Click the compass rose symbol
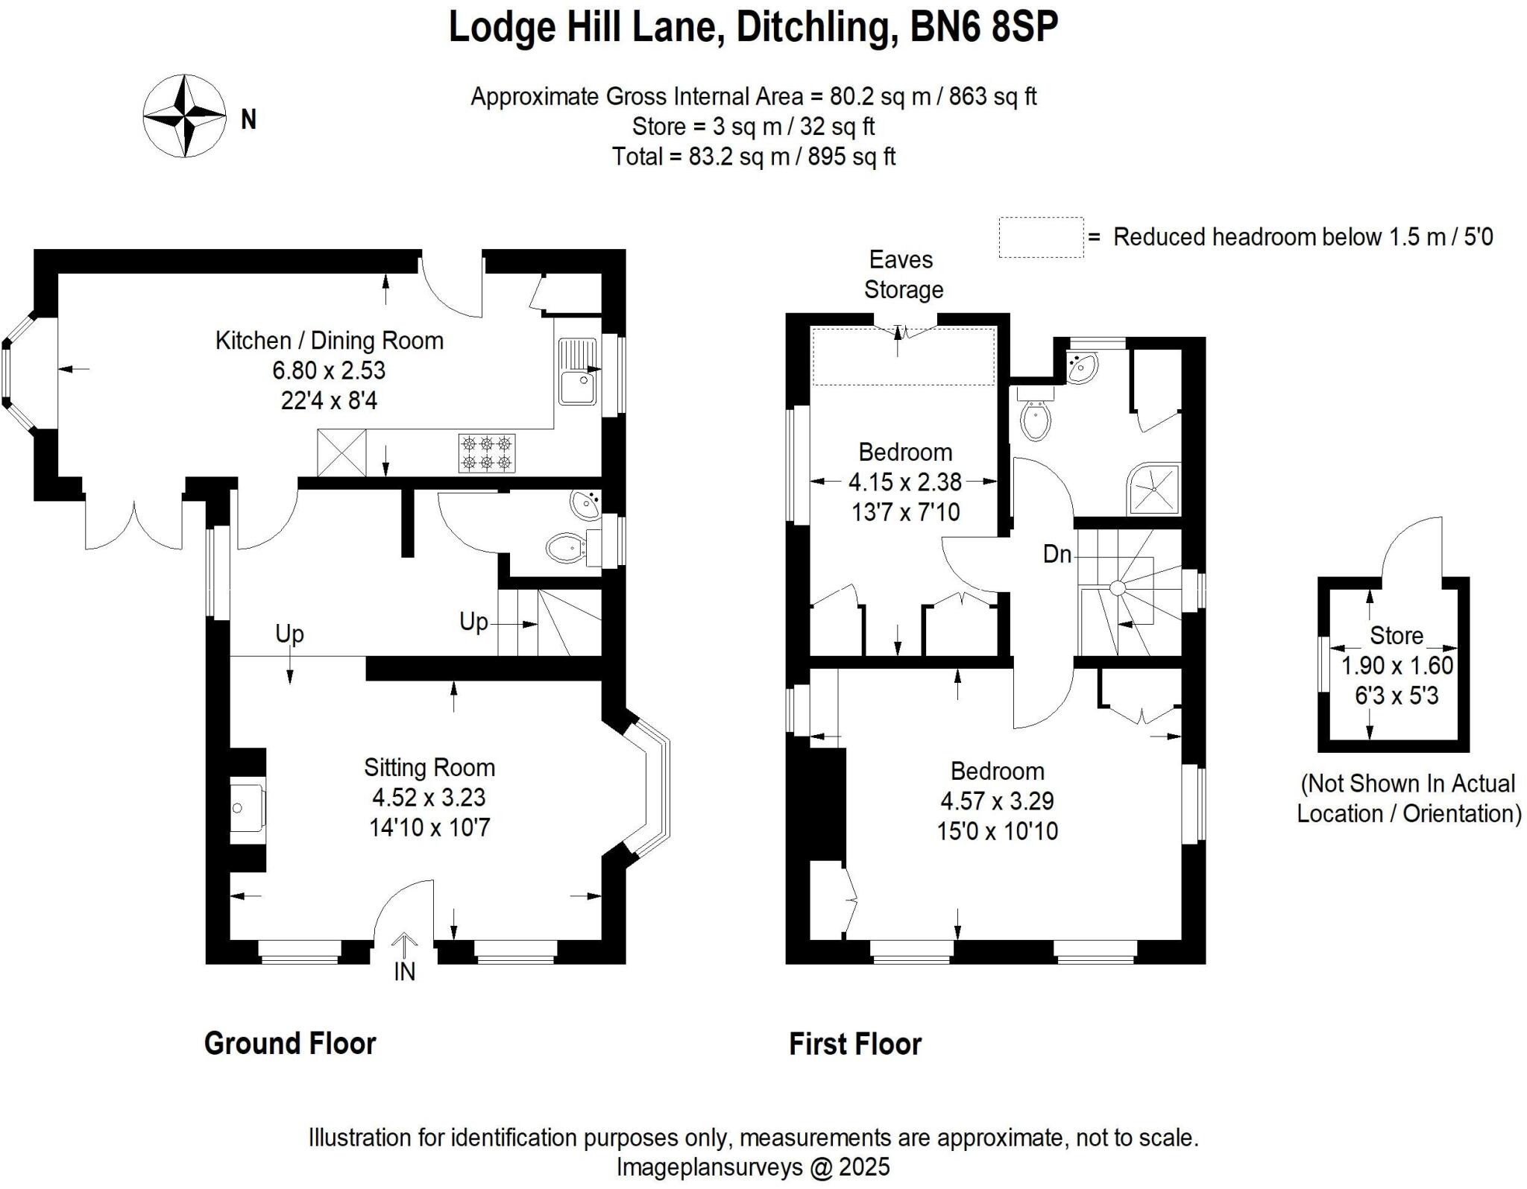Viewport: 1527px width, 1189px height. (x=184, y=116)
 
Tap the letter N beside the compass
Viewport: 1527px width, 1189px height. (x=248, y=119)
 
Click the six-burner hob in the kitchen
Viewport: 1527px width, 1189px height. (x=486, y=453)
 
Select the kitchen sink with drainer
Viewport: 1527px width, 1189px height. (x=578, y=370)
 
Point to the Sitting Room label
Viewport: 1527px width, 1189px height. (x=429, y=767)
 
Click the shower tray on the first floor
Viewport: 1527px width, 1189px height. (x=1155, y=489)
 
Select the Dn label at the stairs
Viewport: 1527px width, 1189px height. (x=1057, y=554)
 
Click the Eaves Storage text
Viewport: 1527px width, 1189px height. (x=903, y=274)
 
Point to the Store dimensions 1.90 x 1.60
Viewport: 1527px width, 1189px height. (x=1397, y=666)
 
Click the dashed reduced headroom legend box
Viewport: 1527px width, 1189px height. (x=1041, y=237)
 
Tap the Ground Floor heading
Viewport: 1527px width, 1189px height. (x=290, y=1044)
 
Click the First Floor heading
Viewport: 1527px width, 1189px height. (x=855, y=1044)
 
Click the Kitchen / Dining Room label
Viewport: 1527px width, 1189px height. (x=329, y=341)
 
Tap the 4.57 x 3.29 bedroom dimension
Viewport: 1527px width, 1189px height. (x=997, y=801)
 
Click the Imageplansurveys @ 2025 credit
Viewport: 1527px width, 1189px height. (x=753, y=1167)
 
